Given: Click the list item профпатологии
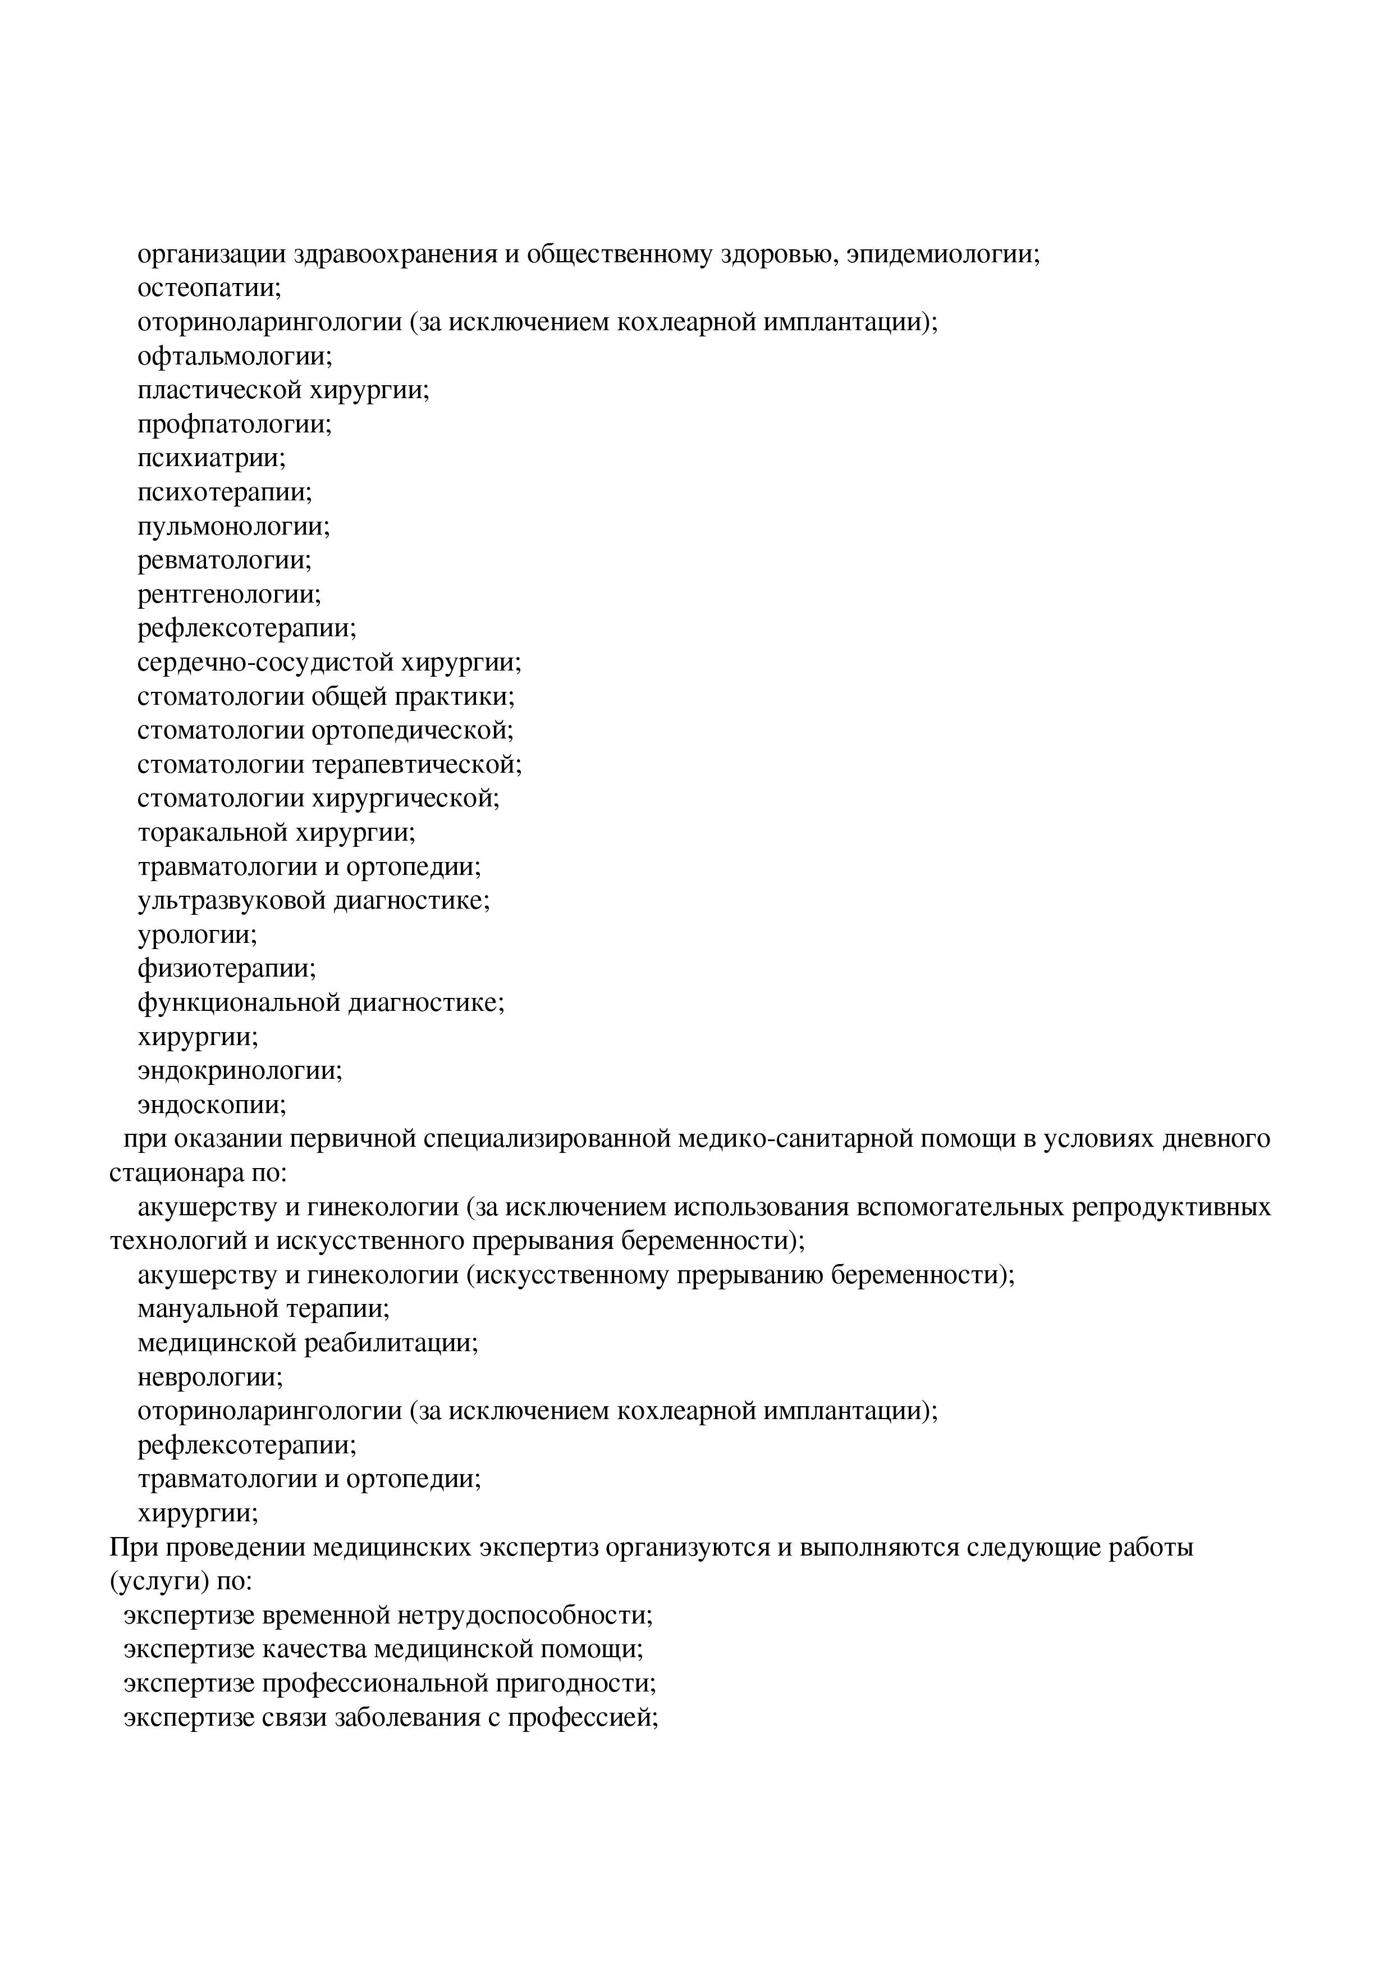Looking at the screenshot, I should [234, 425].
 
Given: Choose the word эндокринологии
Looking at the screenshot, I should [239, 1071].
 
